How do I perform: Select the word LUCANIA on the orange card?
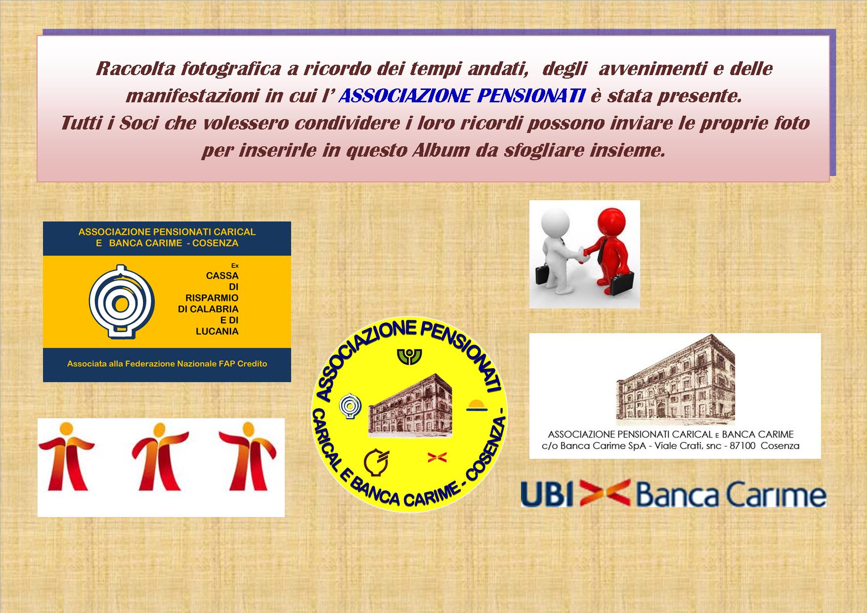point(217,332)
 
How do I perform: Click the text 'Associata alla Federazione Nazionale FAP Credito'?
point(167,364)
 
